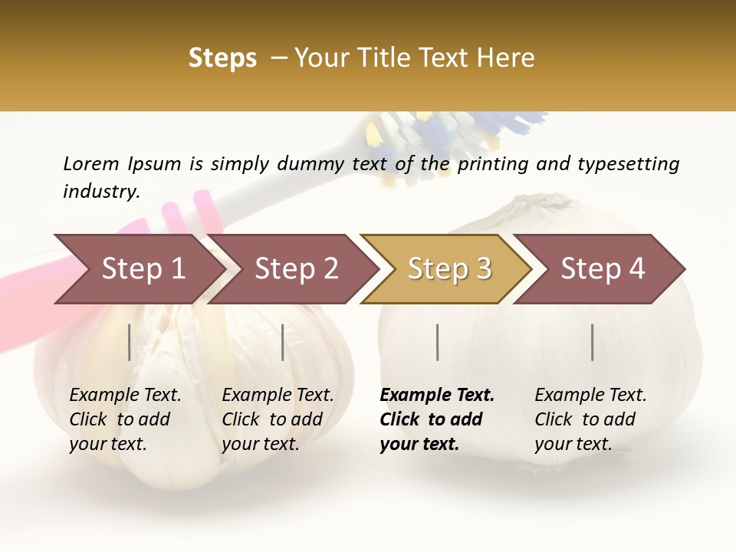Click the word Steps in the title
[x=222, y=59]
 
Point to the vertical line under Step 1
[x=130, y=342]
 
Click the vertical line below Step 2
[x=283, y=342]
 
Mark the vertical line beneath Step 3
[x=437, y=342]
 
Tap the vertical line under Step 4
[x=592, y=342]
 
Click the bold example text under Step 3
[x=437, y=419]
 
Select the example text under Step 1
[x=125, y=419]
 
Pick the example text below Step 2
[x=278, y=419]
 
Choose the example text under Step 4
[x=590, y=419]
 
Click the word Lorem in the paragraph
[x=91, y=163]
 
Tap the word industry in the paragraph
[x=101, y=191]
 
